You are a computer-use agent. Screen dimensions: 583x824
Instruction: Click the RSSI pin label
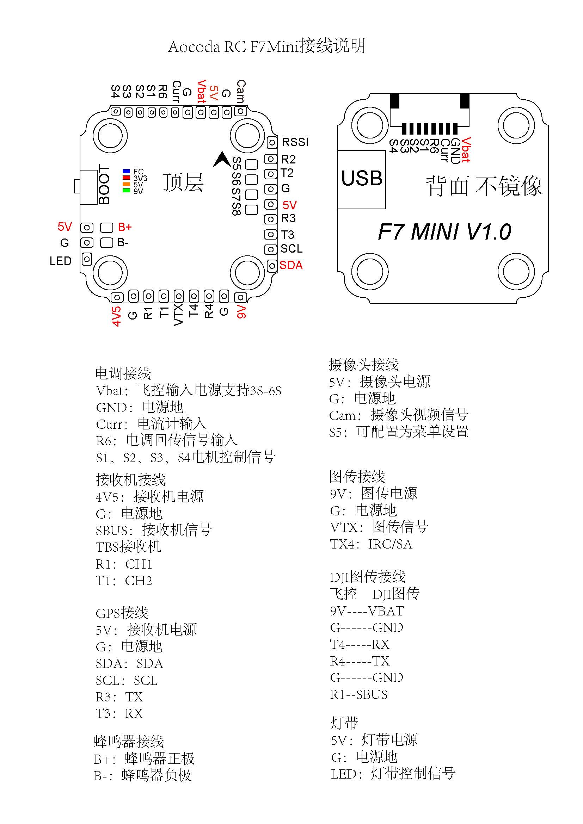click(x=295, y=142)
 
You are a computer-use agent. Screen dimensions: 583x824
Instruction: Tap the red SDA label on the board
click(x=291, y=265)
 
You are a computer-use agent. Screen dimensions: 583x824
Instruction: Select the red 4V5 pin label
click(x=116, y=316)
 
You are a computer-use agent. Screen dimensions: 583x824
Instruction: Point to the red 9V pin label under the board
click(x=241, y=311)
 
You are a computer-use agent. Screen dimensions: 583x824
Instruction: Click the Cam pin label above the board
click(x=241, y=91)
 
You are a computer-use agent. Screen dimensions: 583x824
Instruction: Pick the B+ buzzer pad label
click(x=124, y=227)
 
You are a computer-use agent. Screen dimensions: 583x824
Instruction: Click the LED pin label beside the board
click(x=60, y=261)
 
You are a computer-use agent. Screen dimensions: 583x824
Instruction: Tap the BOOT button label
click(x=104, y=185)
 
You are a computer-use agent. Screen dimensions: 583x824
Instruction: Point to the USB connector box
click(x=362, y=179)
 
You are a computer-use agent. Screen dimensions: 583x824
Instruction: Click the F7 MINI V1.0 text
click(x=444, y=231)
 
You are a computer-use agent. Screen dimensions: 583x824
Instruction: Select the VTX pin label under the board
click(x=178, y=314)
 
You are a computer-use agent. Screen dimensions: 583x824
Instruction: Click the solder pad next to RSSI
click(x=272, y=142)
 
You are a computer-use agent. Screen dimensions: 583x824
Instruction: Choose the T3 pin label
click(x=288, y=235)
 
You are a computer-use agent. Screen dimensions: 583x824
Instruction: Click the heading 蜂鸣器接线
click(x=129, y=741)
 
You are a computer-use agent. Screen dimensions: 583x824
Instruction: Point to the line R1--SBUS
click(x=358, y=694)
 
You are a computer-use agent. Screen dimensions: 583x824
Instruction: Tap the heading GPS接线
click(x=122, y=613)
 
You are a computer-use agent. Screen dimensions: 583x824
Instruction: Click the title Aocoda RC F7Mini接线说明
click(x=267, y=46)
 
